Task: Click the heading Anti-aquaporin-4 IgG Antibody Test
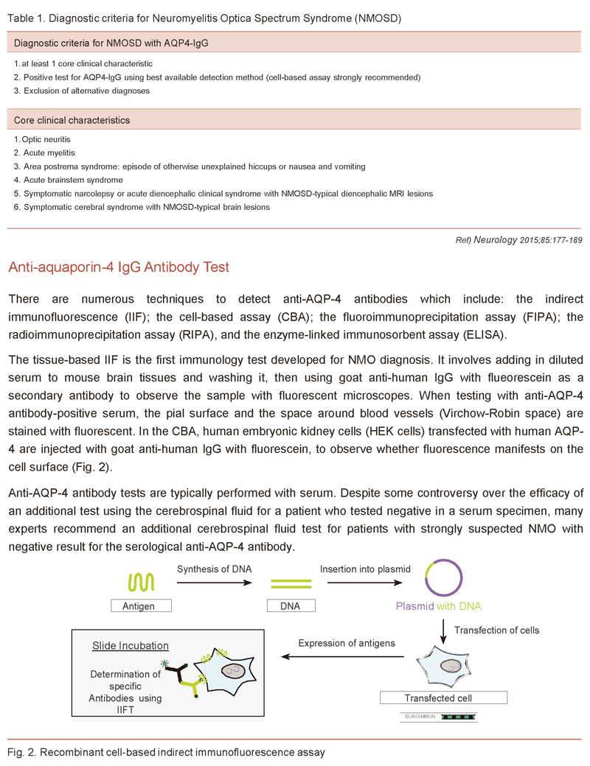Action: pos(119,267)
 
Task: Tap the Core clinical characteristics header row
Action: pos(72,119)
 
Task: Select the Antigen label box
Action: pos(142,606)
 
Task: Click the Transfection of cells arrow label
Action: pos(496,630)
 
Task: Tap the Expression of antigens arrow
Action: pos(347,658)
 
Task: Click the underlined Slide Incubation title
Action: pos(131,646)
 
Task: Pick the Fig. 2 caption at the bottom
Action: pos(166,752)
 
